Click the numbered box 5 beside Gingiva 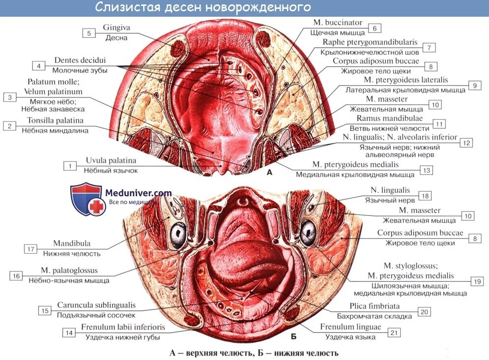click(89, 33)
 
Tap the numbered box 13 click(426, 170)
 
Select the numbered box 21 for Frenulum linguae click(393, 333)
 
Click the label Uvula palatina click(111, 161)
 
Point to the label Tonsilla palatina click(52, 120)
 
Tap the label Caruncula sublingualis click(96, 305)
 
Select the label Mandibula click(72, 243)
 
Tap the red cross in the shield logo click(97, 207)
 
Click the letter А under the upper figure click(269, 173)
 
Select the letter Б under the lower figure click(293, 336)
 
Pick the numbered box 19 click(477, 281)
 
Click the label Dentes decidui click(80, 60)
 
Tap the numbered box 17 click(30, 249)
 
